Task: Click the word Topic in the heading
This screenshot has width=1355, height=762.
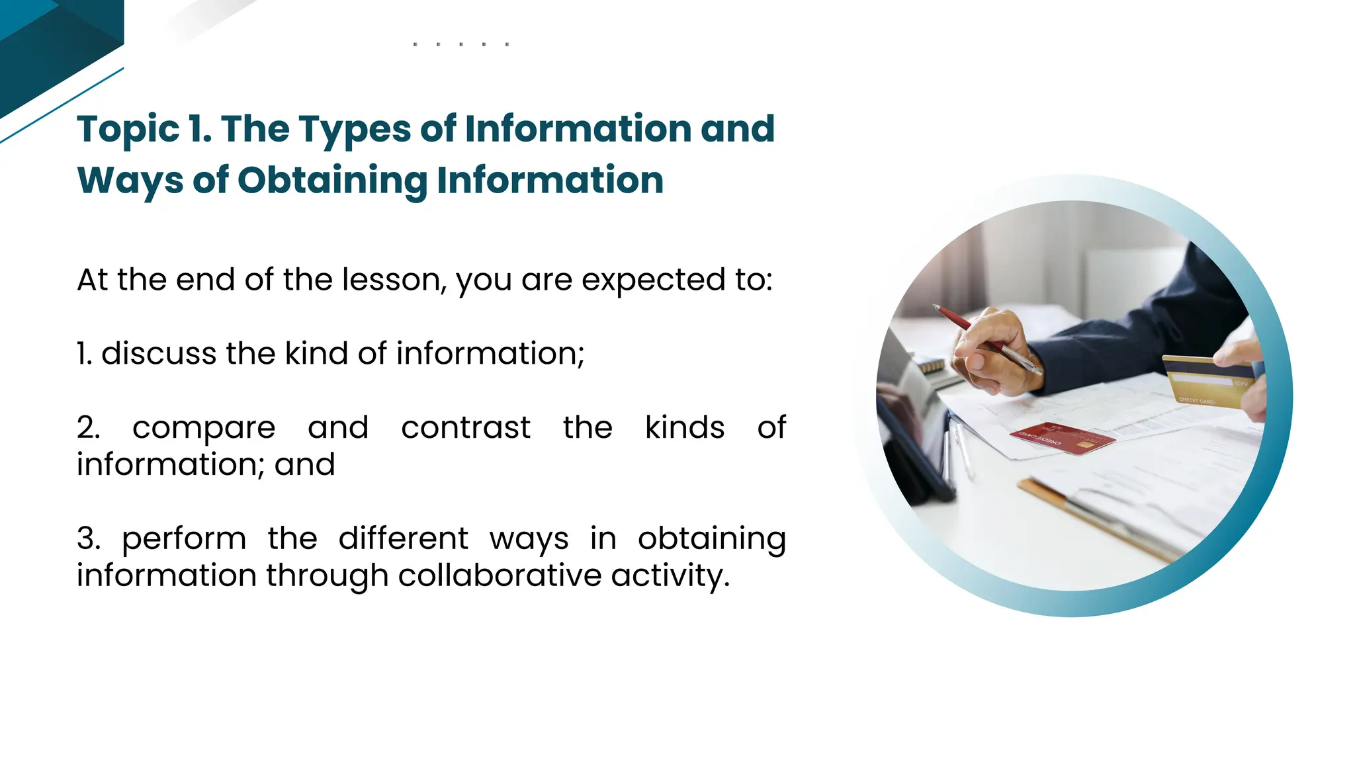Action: (128, 130)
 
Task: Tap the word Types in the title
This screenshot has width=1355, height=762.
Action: (355, 130)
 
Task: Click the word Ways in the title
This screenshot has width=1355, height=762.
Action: (130, 181)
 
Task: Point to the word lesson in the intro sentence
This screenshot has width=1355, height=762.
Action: (394, 280)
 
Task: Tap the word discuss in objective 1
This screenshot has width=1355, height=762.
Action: (158, 353)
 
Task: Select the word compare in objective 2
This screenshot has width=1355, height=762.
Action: (204, 429)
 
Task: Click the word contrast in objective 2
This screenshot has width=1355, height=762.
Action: (465, 427)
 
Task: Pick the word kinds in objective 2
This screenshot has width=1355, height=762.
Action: (684, 427)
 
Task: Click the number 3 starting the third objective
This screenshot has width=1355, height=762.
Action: (87, 538)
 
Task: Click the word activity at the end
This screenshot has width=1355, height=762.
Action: (669, 576)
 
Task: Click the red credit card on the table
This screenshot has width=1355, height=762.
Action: (1061, 438)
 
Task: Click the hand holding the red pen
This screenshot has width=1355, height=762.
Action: (992, 357)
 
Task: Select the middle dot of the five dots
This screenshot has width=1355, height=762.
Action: (460, 44)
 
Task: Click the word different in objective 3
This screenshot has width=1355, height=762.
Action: (403, 538)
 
